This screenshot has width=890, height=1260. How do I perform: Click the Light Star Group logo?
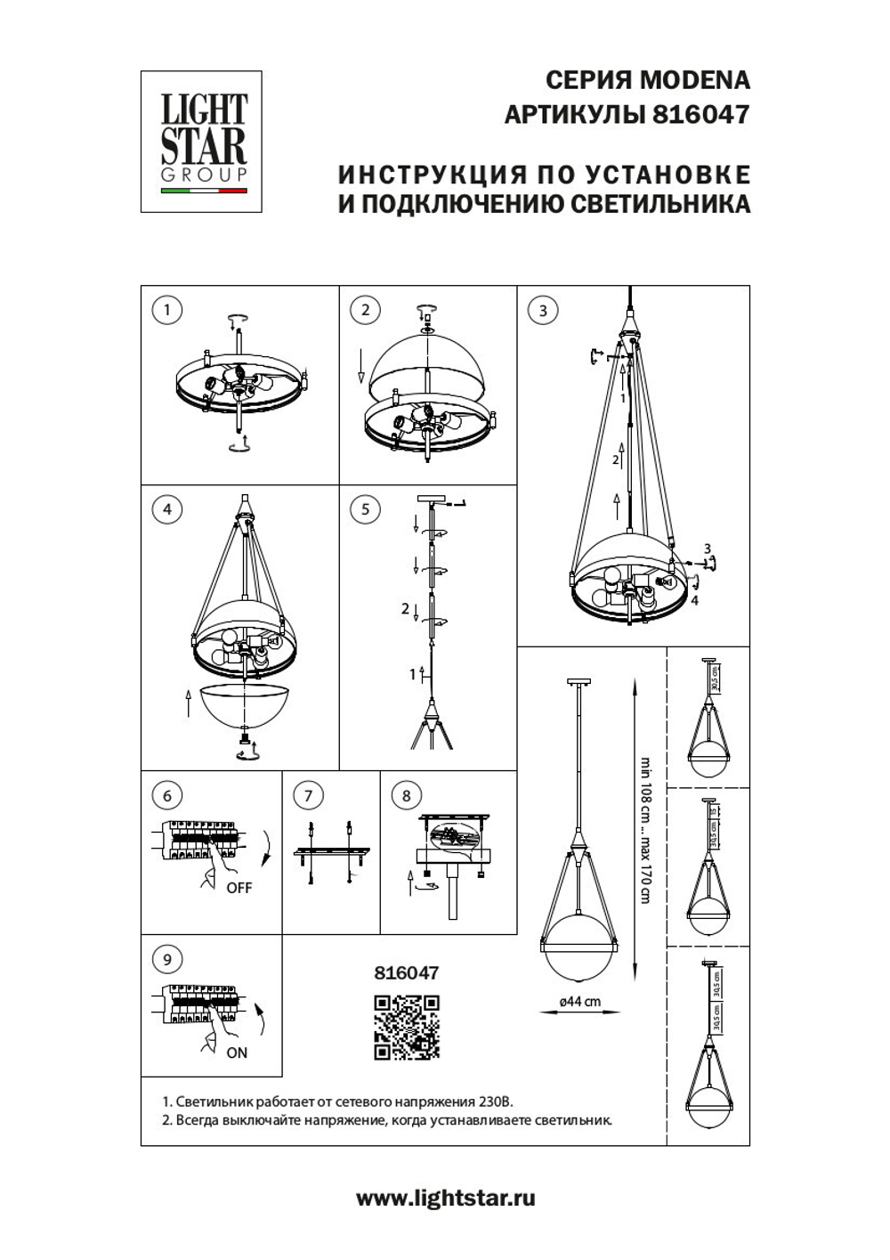202,142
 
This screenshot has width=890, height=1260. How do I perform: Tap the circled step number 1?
166,310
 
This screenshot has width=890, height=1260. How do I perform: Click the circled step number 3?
543,310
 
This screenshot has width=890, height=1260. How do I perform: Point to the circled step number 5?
365,509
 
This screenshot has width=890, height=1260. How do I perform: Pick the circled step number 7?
308,795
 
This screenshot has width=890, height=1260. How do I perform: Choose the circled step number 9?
166,959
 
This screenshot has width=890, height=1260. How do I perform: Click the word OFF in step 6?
239,888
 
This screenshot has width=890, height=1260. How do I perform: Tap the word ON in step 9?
237,1053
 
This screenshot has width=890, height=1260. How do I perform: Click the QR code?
407,1028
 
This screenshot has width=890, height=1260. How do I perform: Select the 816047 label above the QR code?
406,973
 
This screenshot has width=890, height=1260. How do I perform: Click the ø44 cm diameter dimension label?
579,1001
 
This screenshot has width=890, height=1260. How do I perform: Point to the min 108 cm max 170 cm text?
645,830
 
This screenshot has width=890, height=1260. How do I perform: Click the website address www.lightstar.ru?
446,1198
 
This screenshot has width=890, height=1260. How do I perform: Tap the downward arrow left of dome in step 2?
361,365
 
